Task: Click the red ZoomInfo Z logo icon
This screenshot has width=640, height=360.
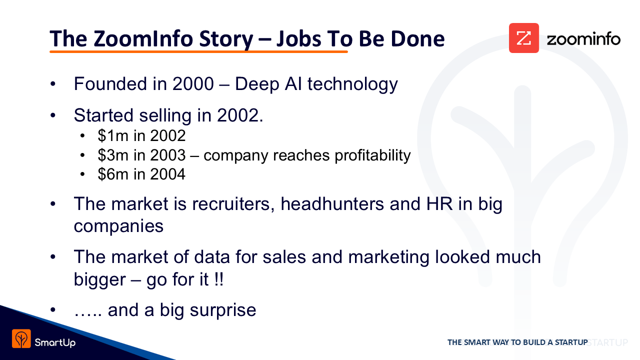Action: [523, 38]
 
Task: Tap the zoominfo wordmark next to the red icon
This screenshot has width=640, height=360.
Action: [583, 39]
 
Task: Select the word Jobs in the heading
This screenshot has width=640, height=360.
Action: [299, 39]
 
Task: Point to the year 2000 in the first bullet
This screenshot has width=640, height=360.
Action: [193, 84]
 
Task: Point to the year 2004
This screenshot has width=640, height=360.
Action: [167, 174]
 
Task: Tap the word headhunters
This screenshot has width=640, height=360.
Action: [332, 204]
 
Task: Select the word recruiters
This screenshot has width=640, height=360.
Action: [231, 204]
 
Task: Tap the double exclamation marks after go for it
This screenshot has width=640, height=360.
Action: [219, 279]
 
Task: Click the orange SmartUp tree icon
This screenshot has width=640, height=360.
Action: [21, 338]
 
